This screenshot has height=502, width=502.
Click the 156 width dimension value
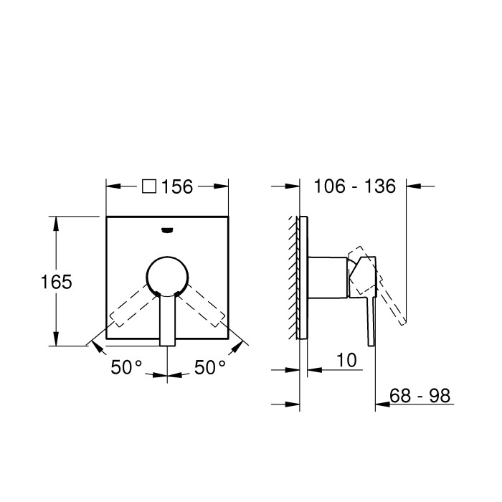click(177, 186)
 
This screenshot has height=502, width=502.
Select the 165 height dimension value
click(56, 281)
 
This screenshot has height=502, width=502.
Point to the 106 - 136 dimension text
click(355, 186)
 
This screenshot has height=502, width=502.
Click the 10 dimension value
click(346, 360)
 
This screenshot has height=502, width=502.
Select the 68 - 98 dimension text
click(420, 395)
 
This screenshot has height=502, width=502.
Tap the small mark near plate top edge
click(168, 230)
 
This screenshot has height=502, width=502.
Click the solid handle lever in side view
click(370, 316)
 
